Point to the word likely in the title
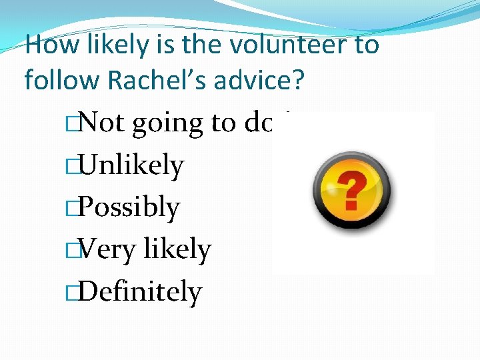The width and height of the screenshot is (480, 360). click(110, 45)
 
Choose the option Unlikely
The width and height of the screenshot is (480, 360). click(131, 165)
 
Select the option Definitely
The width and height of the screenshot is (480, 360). click(139, 292)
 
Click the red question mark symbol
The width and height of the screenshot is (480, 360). click(353, 189)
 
